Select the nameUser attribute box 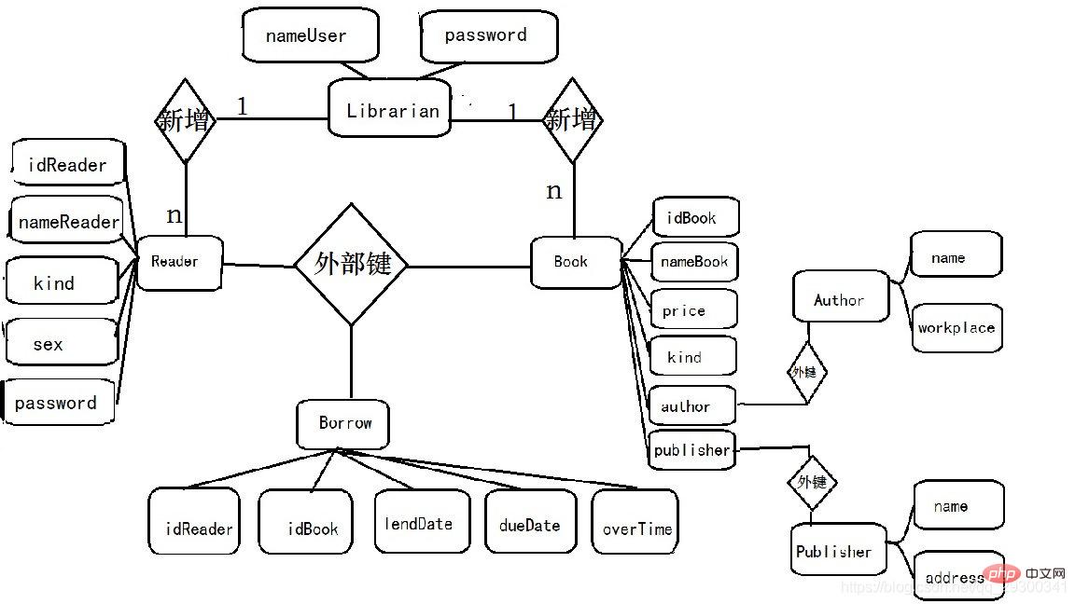coord(309,36)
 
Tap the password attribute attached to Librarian coord(488,36)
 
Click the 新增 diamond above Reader coord(185,120)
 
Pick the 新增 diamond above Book coord(573,120)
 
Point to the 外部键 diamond coord(351,265)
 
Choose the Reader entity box coord(178,262)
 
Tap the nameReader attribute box coord(67,221)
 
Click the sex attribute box coord(61,343)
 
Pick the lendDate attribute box coord(421,522)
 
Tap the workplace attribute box coord(956,327)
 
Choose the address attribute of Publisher coord(957,576)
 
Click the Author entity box coord(840,298)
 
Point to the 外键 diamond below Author coord(806,371)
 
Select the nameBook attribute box coord(693,262)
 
